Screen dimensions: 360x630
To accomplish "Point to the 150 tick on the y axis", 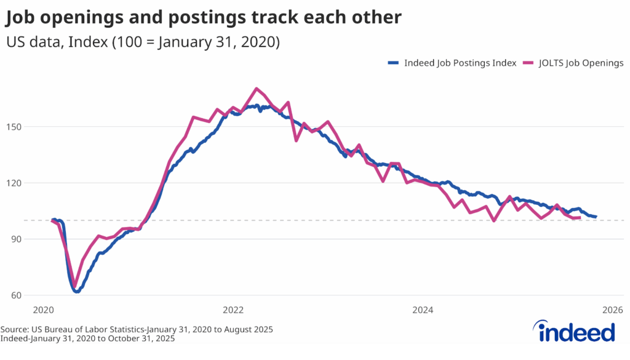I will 15,127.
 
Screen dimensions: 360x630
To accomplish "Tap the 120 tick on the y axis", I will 15,183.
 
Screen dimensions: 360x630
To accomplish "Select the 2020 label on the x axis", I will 44,310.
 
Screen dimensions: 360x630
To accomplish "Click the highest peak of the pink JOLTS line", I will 257,89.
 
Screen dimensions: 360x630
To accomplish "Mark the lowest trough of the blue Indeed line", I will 76,291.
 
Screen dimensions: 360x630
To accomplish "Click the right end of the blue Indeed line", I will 596,217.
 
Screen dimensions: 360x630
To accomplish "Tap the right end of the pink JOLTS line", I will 580,217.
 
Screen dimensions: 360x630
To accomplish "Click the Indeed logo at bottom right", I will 576,332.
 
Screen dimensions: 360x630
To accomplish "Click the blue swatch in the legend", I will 394,63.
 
